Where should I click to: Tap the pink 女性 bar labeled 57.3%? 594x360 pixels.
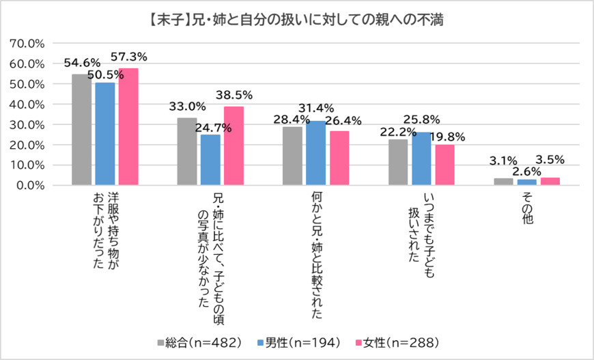click(128, 127)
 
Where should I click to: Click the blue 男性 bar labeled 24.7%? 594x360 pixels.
click(210, 160)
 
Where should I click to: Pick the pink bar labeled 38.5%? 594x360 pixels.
click(234, 146)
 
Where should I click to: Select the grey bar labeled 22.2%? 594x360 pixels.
click(398, 163)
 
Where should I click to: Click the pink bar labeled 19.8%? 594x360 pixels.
click(444, 165)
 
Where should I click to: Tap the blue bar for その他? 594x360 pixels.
click(527, 182)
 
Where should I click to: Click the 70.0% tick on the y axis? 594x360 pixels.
click(28, 43)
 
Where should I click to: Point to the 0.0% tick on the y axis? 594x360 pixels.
click(31, 185)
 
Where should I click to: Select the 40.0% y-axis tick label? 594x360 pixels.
click(28, 104)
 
